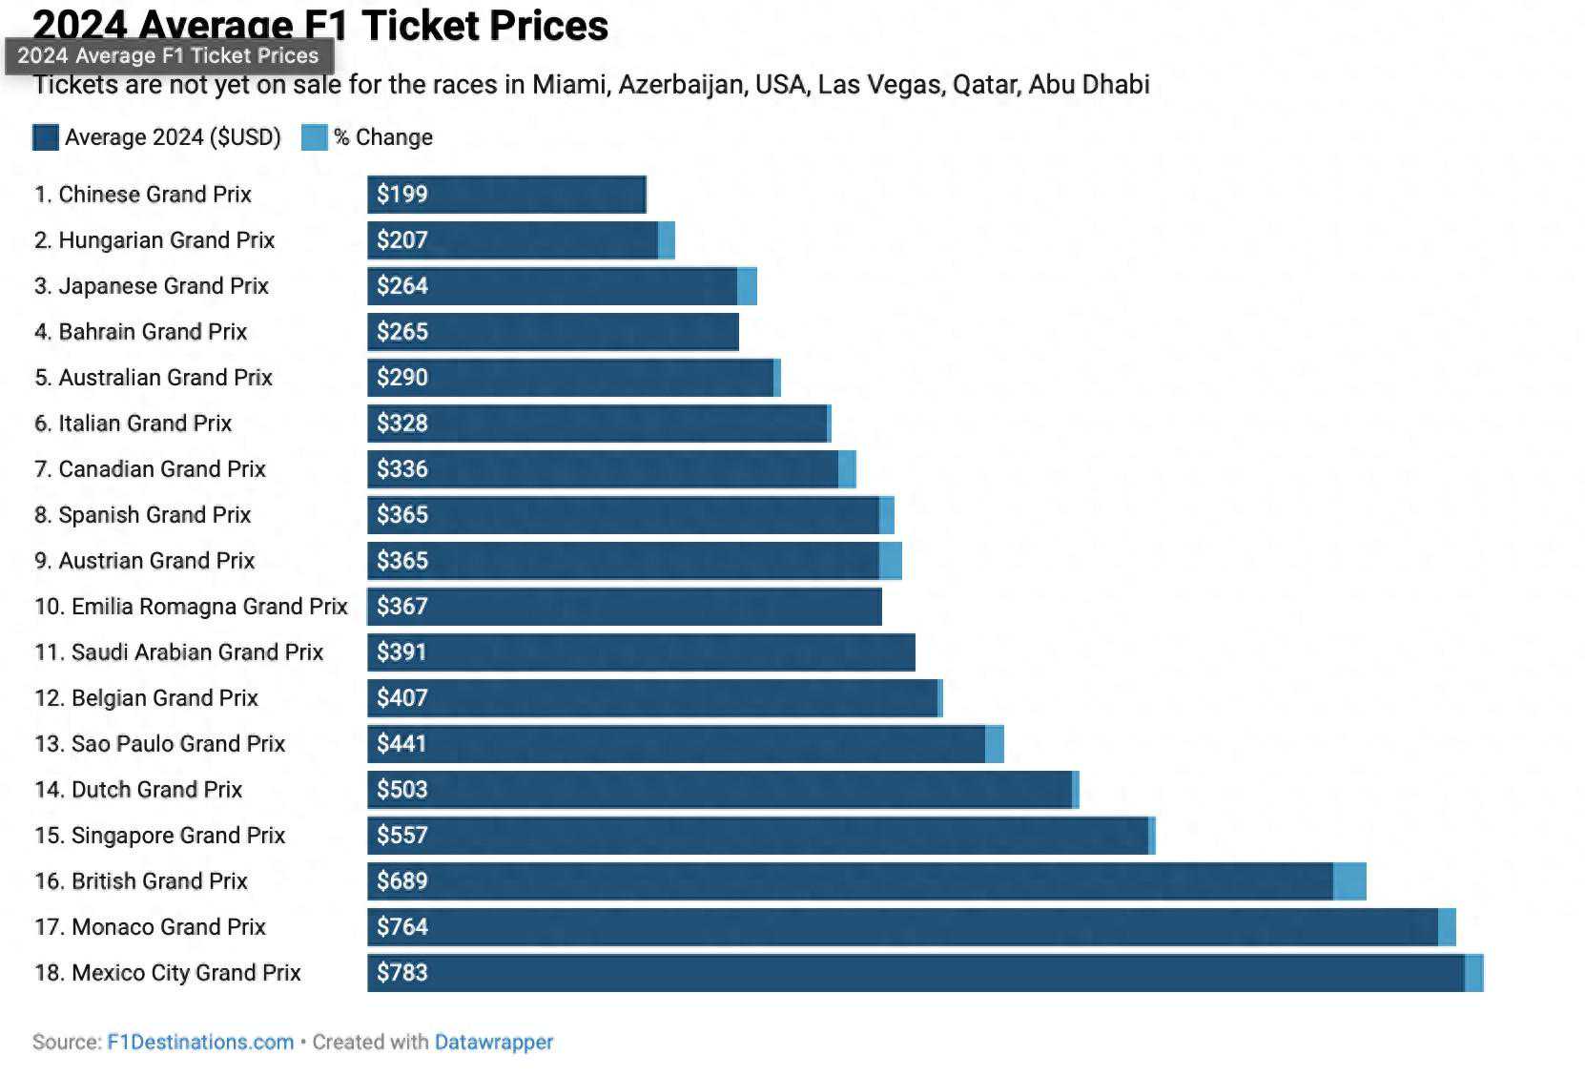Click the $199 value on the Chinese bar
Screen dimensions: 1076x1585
[x=401, y=195]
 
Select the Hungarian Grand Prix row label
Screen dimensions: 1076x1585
[x=154, y=240]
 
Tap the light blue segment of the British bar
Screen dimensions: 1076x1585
[x=1349, y=881]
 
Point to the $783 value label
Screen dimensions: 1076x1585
[x=401, y=973]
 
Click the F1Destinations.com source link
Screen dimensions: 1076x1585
[x=200, y=1043]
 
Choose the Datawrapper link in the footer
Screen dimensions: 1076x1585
[x=493, y=1043]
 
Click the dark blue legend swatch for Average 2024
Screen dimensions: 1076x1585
[x=46, y=137]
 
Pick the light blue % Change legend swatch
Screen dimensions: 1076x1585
[x=314, y=137]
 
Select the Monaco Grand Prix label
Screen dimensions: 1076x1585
[x=150, y=927]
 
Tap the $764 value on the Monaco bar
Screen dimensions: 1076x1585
[x=401, y=927]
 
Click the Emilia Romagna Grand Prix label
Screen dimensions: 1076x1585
[x=191, y=607]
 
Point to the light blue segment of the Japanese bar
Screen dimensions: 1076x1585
[x=748, y=286]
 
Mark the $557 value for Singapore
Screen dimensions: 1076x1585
[x=401, y=836]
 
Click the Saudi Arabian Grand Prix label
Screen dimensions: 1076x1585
[x=178, y=652]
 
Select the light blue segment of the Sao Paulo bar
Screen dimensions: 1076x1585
[x=995, y=744]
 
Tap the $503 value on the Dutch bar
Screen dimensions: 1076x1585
[x=401, y=790]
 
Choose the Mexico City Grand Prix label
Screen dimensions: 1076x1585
[x=167, y=973]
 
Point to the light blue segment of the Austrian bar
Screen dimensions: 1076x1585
[x=891, y=561]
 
